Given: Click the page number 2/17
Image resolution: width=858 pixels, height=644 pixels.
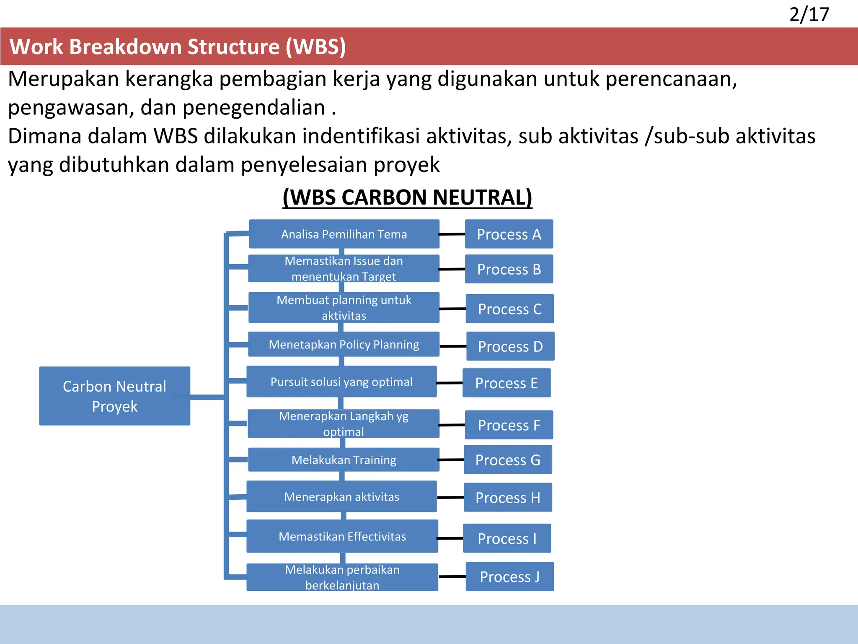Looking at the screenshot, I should (x=809, y=15).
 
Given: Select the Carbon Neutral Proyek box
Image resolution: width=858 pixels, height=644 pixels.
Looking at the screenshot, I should (x=114, y=396).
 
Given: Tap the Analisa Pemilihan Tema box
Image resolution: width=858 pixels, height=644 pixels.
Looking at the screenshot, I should (x=344, y=234).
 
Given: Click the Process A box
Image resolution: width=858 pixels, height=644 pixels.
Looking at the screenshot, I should (x=509, y=234).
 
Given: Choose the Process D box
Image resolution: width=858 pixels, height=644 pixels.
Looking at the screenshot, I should (x=510, y=346).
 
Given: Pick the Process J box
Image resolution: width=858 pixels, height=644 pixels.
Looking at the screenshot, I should (x=509, y=576).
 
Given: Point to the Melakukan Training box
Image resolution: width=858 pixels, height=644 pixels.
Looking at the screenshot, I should (x=344, y=460).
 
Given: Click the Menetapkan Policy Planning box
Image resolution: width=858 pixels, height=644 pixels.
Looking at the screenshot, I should (x=344, y=344).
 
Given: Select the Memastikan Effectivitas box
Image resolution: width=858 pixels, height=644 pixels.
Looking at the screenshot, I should (x=342, y=536).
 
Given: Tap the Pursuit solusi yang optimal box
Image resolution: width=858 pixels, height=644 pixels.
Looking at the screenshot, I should (x=341, y=382).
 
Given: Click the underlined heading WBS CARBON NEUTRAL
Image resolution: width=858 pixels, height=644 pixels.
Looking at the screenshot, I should (x=407, y=197).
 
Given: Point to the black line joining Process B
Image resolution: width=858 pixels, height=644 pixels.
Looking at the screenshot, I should (x=452, y=269).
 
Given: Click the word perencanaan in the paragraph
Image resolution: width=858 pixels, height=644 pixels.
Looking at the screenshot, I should (x=671, y=79).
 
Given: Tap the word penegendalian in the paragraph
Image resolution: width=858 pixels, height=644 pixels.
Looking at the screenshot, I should (x=253, y=107).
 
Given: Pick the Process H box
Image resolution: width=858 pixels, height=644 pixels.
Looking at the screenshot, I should (x=508, y=497).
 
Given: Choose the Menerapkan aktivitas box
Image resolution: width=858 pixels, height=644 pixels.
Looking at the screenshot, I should (x=341, y=497).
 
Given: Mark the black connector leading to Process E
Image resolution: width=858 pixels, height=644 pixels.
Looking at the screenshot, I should (x=450, y=383).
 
